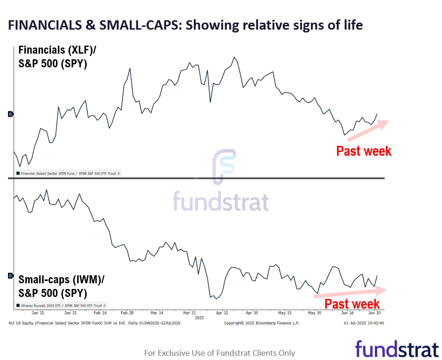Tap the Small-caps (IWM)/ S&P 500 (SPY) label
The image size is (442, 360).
point(62,286)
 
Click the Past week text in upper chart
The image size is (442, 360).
point(363,151)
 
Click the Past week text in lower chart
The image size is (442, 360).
point(352,304)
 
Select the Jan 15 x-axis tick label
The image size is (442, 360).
point(38,312)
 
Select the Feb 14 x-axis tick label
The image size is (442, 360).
point(100,312)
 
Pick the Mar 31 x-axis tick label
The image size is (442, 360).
point(189,312)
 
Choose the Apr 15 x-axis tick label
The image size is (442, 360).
point(222,312)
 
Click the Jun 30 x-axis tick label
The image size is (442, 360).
point(373,312)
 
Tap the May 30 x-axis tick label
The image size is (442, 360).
point(315,312)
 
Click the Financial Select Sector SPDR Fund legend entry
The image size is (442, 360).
point(69,174)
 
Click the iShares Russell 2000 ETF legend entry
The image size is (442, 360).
point(62,305)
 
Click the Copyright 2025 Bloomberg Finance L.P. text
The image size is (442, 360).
point(261,323)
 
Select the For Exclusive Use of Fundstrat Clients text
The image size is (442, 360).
point(220,353)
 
